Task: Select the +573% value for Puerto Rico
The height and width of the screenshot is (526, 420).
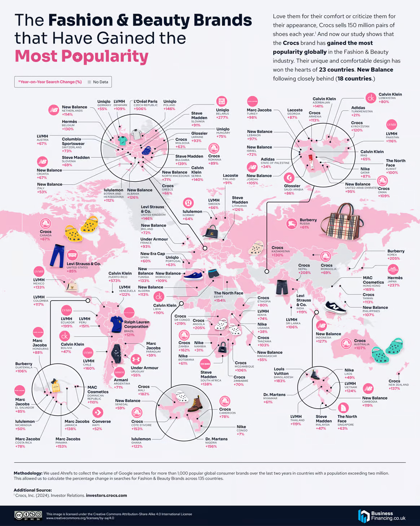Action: point(115,281)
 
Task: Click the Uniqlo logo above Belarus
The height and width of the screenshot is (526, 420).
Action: point(222,102)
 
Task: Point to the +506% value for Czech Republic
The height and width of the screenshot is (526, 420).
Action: point(140,109)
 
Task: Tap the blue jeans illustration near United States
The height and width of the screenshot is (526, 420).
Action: point(57,256)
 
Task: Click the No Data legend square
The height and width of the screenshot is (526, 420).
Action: point(89,82)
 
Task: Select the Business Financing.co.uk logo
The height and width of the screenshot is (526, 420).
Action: point(382,516)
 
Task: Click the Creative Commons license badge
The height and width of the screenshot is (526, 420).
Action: point(28,516)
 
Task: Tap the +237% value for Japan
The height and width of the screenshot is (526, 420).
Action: point(393,285)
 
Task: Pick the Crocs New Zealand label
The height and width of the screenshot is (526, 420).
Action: point(394,381)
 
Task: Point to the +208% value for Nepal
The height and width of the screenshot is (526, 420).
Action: point(305,273)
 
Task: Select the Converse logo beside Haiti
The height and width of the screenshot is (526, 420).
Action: point(97,412)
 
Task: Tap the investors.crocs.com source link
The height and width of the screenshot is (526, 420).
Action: point(106,495)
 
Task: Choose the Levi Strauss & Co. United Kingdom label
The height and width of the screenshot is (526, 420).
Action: point(152,209)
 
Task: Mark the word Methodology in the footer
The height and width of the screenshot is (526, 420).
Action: point(28,473)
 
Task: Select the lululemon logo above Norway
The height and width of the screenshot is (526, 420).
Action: point(188,203)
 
